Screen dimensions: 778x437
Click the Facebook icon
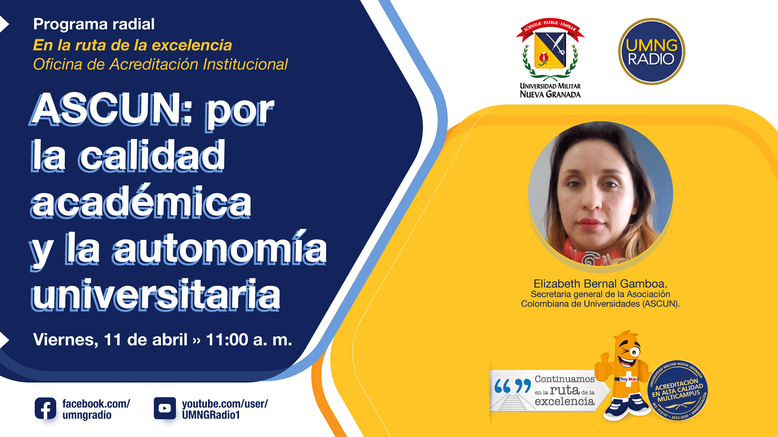click(45, 408)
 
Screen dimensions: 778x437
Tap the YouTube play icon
click(165, 408)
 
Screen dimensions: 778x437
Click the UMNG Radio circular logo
click(652, 51)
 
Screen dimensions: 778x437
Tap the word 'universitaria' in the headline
click(156, 295)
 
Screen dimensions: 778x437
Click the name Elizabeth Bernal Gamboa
click(600, 284)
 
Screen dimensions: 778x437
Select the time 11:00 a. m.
click(249, 339)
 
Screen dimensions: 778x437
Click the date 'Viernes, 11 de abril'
click(110, 340)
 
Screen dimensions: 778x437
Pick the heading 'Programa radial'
click(94, 24)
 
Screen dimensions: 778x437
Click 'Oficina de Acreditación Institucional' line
click(160, 64)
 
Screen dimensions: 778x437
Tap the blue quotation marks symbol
click(513, 386)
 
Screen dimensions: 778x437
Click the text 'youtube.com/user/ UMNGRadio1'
click(225, 409)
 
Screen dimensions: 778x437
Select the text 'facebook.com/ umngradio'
click(96, 409)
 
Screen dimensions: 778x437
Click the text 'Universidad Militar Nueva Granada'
click(550, 91)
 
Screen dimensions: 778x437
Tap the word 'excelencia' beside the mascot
click(564, 401)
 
